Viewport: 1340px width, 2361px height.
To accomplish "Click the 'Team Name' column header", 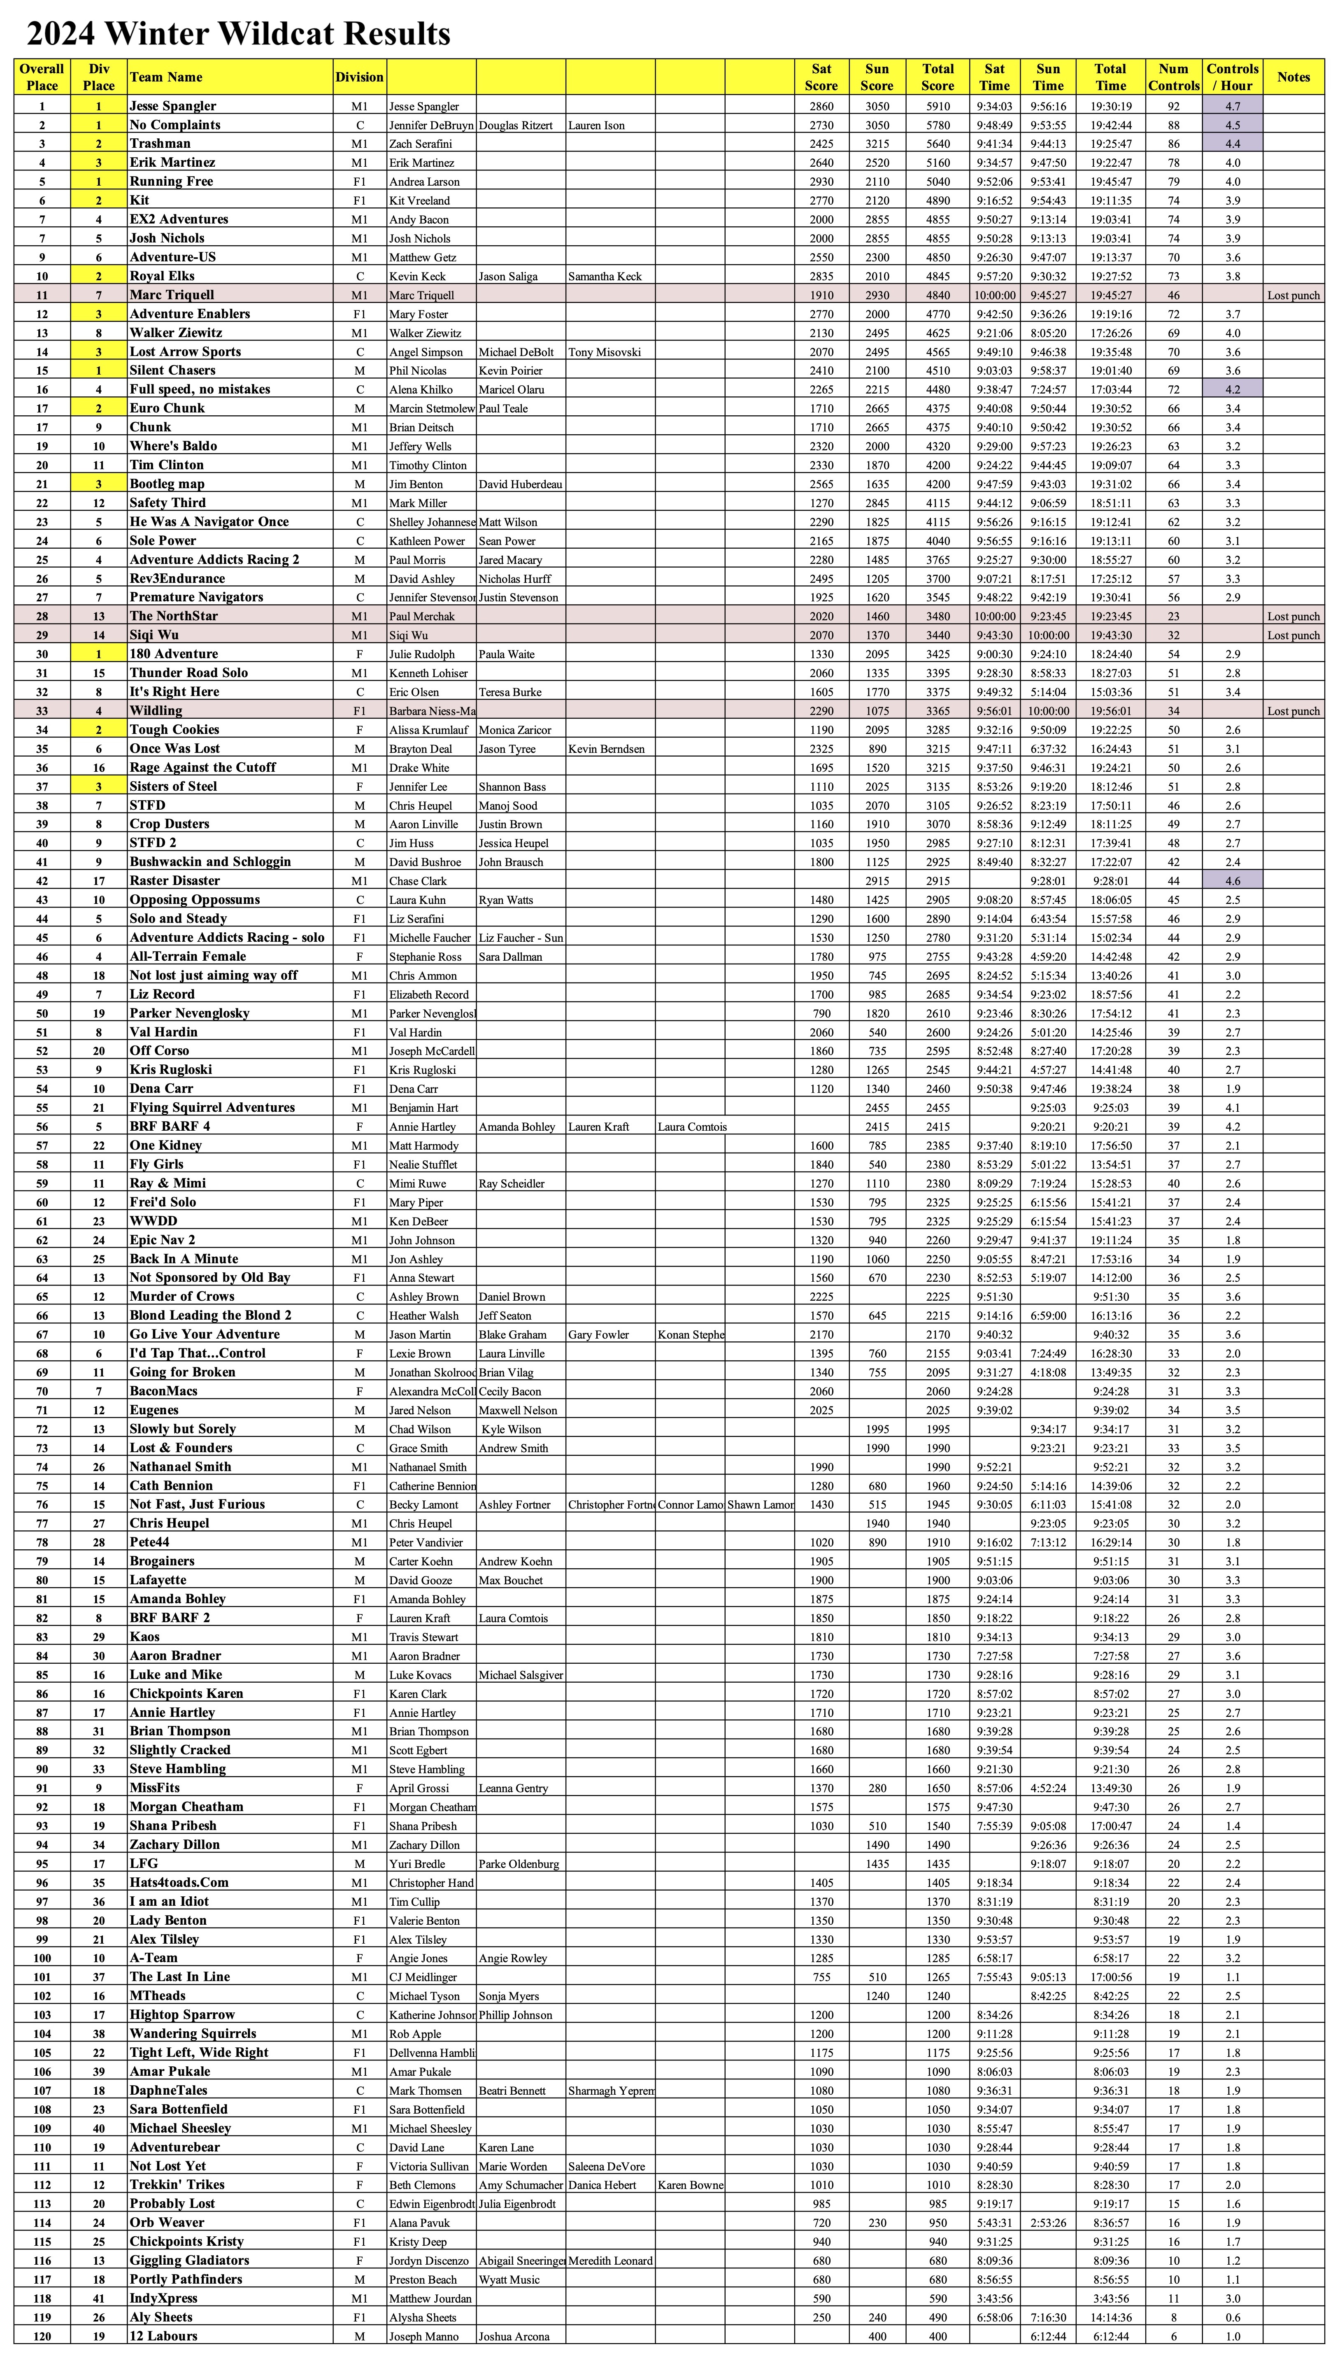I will [x=166, y=77].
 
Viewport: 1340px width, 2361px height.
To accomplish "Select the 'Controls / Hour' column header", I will [x=1232, y=77].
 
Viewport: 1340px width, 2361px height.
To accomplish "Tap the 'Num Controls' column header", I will [x=1173, y=77].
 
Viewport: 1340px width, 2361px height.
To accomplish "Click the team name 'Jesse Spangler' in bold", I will [x=173, y=106].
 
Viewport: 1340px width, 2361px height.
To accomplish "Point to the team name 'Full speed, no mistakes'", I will [x=200, y=389].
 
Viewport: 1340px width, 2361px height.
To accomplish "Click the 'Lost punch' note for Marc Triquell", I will [x=1293, y=296].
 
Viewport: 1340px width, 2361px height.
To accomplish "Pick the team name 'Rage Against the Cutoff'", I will [x=202, y=768].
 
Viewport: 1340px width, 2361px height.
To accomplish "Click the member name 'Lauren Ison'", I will [x=596, y=125].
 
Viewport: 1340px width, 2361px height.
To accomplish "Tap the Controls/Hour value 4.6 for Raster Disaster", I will [x=1232, y=881].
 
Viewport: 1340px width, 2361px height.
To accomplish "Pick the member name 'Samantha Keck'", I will [x=605, y=276].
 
